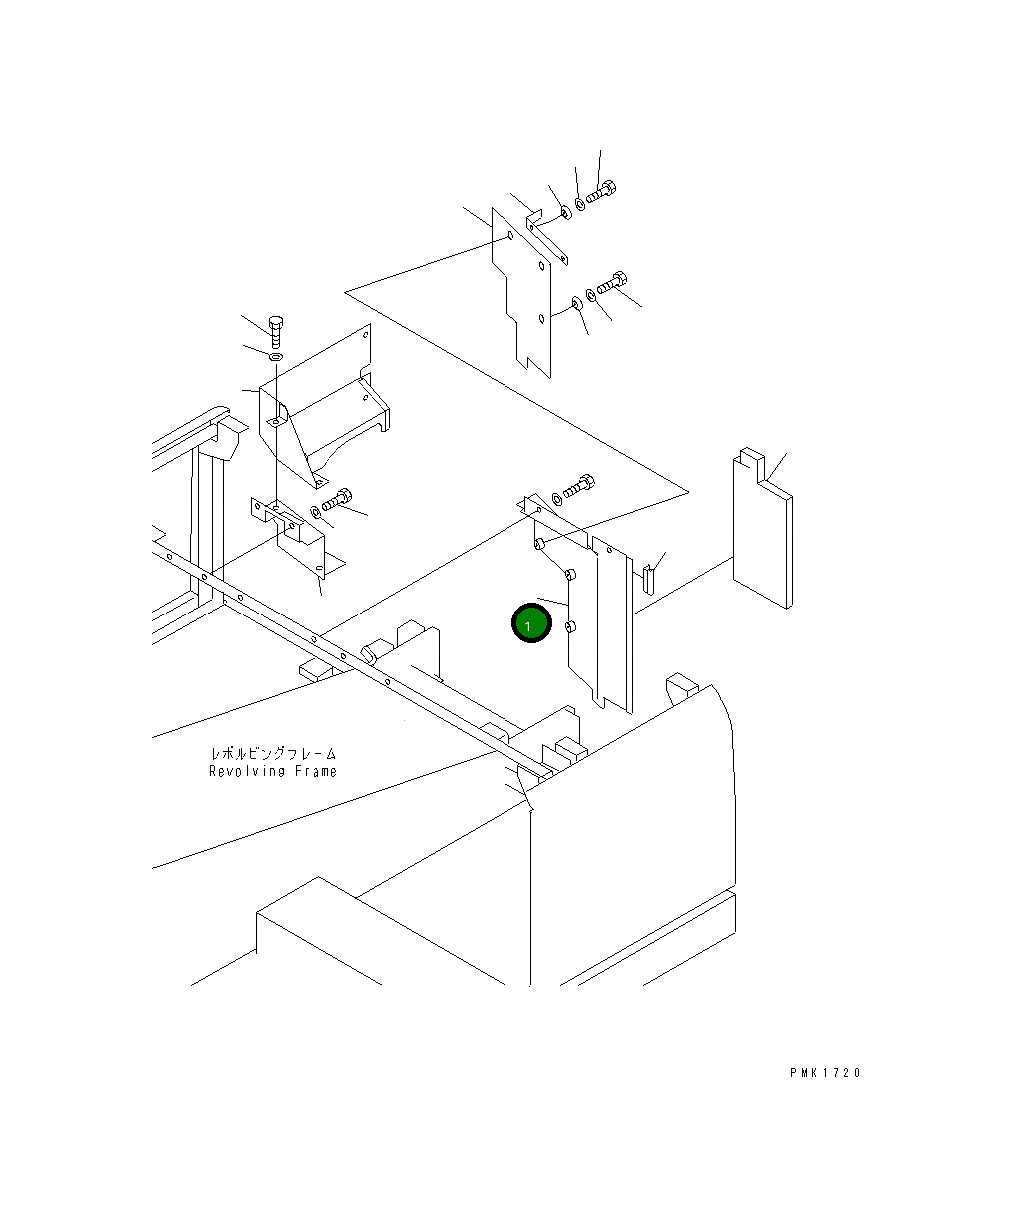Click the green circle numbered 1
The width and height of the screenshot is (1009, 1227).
click(531, 624)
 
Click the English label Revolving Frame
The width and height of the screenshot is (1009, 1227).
click(273, 771)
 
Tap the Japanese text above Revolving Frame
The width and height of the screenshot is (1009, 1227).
click(273, 753)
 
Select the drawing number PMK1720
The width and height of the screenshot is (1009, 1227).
click(824, 1073)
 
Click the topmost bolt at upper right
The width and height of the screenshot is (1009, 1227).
click(602, 192)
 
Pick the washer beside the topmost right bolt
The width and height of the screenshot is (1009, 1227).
click(582, 204)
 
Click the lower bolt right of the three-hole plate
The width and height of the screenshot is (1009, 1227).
click(612, 285)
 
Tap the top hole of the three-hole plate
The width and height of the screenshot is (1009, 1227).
click(510, 237)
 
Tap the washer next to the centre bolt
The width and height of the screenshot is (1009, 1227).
click(556, 497)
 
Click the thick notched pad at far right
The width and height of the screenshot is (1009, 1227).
click(763, 530)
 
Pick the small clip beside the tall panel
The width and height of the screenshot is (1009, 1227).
click(649, 579)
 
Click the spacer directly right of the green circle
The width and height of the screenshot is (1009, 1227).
click(570, 627)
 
